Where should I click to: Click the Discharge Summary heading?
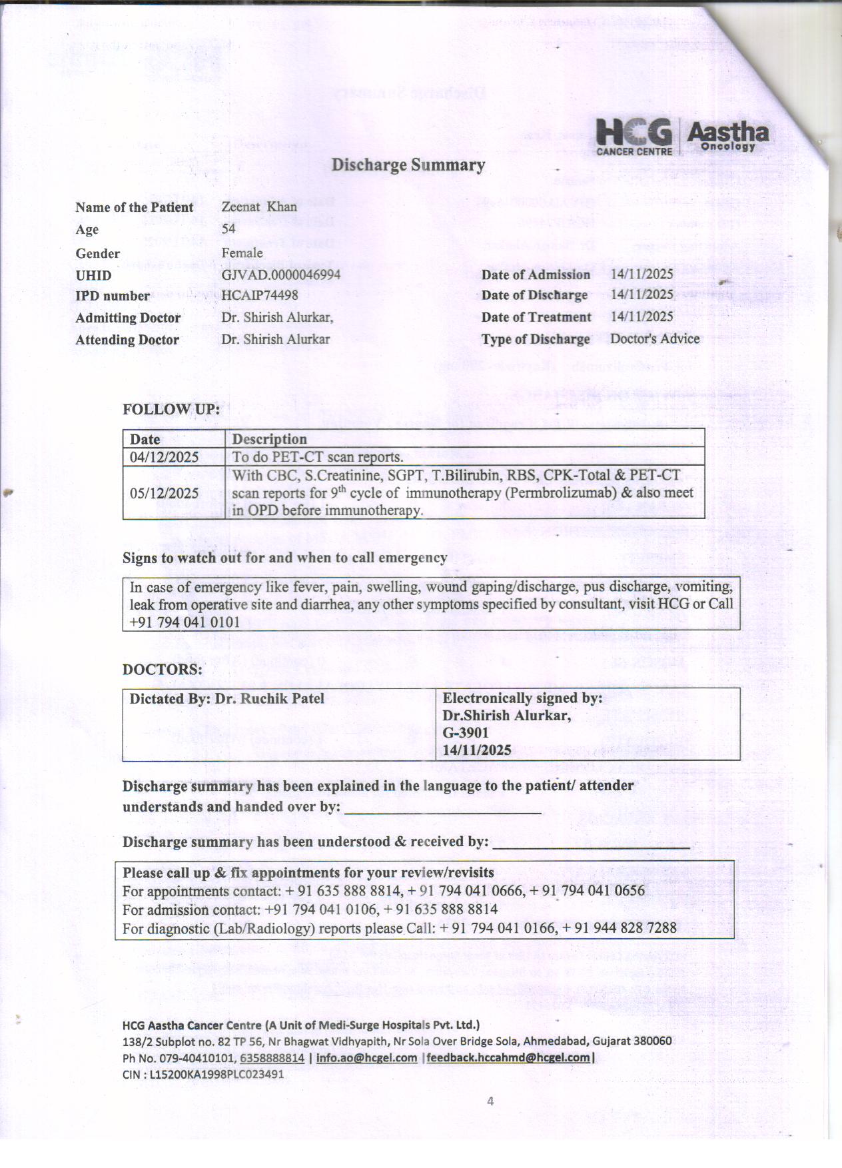coord(408,165)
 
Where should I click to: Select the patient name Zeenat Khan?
coord(259,207)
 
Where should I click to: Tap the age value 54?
coord(228,229)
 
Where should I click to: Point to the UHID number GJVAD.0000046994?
coord(280,275)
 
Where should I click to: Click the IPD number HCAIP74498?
coord(259,295)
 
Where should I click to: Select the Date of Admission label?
coord(536,275)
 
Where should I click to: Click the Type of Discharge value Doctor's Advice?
coord(655,338)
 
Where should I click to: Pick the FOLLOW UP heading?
coord(171,409)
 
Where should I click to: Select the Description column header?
coord(269,439)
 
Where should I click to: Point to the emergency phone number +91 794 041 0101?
coord(185,622)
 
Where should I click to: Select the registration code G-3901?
coord(466,732)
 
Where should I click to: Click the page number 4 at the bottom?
coord(490,1101)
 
